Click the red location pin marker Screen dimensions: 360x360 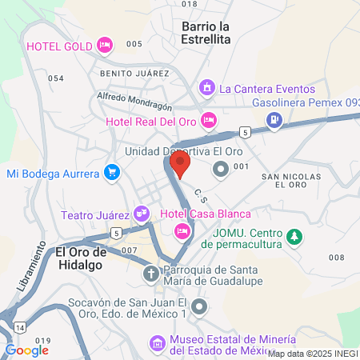click(x=181, y=166)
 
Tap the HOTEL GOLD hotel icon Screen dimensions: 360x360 click(x=104, y=46)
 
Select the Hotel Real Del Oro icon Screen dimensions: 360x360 click(x=209, y=121)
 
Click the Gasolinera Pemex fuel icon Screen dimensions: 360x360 click(x=275, y=120)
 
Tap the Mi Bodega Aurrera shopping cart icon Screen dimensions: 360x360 click(x=112, y=172)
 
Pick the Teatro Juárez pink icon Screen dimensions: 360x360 click(x=142, y=214)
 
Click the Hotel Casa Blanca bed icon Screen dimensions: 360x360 click(x=182, y=230)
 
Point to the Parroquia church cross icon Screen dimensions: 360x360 click(x=150, y=274)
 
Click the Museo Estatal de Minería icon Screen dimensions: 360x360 click(x=157, y=344)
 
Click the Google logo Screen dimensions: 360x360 click(x=27, y=350)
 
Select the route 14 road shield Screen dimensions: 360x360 click(x=18, y=328)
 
